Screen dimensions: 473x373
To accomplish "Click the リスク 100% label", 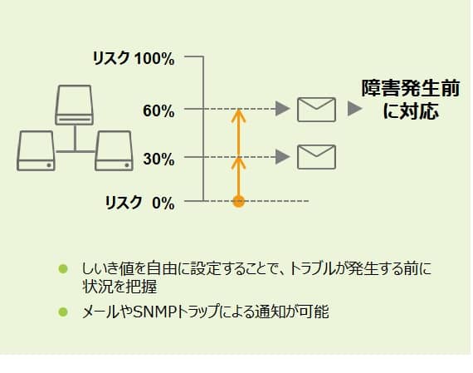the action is [x=134, y=58].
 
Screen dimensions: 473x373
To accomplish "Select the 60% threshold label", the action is [x=158, y=110].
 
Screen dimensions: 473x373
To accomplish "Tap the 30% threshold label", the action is [x=158, y=159].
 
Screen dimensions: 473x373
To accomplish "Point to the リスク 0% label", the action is [x=139, y=203].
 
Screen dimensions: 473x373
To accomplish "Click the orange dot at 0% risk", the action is [x=239, y=201].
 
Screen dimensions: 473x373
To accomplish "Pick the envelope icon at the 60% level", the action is [x=316, y=110].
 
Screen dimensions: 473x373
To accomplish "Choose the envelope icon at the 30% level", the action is [x=316, y=157].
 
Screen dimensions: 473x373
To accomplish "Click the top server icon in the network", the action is [x=74, y=105].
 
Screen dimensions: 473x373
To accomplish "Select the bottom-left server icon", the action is [x=36, y=150].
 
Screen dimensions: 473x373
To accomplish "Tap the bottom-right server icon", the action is [x=114, y=150].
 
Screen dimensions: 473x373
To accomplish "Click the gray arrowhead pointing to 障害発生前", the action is [x=354, y=109].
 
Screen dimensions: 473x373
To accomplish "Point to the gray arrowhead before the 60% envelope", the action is [x=283, y=109].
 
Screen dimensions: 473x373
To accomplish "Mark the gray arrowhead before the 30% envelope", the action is [x=283, y=157].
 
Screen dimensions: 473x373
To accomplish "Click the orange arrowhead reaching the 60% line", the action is [x=239, y=115].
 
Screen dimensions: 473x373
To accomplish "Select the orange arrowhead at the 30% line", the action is [x=239, y=163].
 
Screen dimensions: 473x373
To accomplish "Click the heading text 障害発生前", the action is [x=411, y=88].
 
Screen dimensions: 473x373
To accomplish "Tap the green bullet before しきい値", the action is [x=63, y=269].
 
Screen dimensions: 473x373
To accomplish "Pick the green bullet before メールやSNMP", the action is [x=63, y=312].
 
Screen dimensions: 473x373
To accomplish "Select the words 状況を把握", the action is [x=119, y=287].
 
